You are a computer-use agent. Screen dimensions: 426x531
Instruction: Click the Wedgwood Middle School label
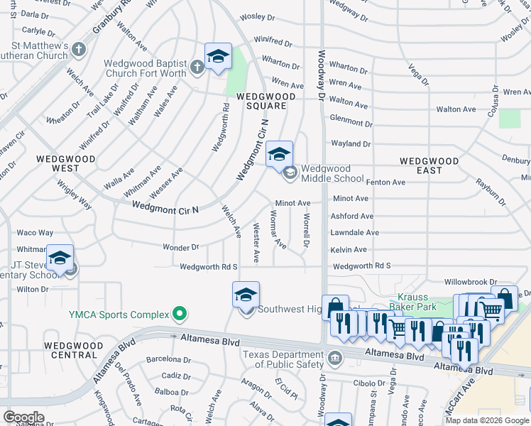click(332, 173)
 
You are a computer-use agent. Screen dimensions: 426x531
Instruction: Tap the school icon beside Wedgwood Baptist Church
click(218, 57)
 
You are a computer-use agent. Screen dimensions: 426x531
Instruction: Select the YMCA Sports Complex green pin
click(180, 314)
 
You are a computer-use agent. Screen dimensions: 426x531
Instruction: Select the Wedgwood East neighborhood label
click(429, 165)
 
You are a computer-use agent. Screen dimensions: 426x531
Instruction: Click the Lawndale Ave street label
click(354, 233)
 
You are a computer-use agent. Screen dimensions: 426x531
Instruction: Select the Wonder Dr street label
click(180, 248)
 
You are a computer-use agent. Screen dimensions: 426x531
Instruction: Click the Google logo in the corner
click(23, 417)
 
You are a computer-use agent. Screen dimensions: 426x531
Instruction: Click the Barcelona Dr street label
click(165, 359)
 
